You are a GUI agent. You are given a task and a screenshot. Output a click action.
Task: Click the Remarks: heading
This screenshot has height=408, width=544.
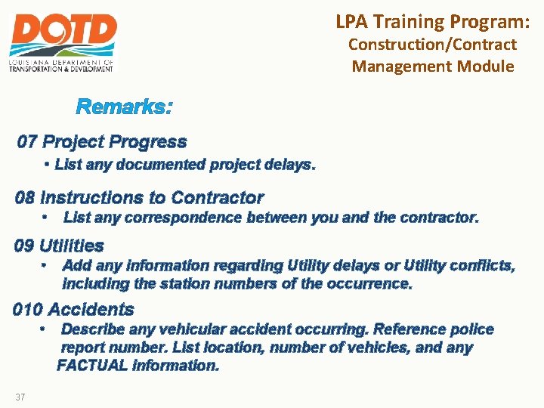124,107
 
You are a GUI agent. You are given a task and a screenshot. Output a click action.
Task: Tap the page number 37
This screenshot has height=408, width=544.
19,397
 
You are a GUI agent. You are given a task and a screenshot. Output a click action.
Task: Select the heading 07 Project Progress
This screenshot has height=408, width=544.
102,142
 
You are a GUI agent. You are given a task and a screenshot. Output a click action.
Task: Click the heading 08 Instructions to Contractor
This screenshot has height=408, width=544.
139,198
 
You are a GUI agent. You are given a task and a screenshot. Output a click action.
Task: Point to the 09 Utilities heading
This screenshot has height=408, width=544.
59,246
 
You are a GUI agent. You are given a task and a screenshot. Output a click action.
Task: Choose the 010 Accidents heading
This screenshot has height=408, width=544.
73,309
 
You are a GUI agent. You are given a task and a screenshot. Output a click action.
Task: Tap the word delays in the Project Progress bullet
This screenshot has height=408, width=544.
291,164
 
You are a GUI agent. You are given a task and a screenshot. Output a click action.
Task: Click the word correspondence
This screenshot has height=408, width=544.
172,218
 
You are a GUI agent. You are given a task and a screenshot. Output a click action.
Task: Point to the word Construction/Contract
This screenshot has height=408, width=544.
432,45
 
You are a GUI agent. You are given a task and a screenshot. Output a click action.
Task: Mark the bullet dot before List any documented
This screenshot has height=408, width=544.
47,164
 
